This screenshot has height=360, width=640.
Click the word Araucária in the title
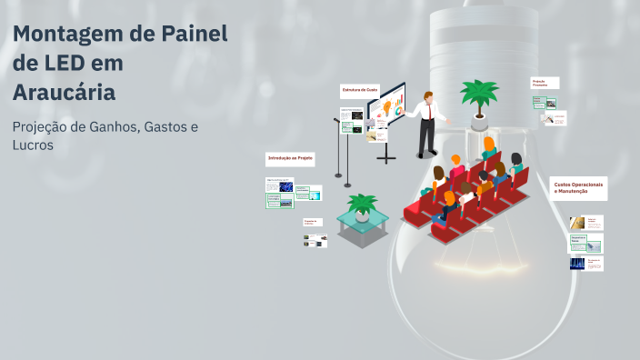pos(64,92)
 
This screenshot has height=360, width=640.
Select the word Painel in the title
pos(193,35)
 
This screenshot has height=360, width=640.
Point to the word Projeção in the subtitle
pos(45,126)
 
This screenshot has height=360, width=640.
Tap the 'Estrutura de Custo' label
pos(359,90)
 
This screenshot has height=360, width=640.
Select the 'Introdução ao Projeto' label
pos(290,158)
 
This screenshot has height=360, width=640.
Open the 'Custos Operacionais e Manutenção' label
pos(578,187)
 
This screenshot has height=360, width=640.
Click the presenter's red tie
pos(426,111)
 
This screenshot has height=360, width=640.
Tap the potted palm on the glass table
pos(363,205)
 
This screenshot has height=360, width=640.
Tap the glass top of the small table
pos(362,219)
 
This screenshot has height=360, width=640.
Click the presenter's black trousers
pos(425,137)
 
